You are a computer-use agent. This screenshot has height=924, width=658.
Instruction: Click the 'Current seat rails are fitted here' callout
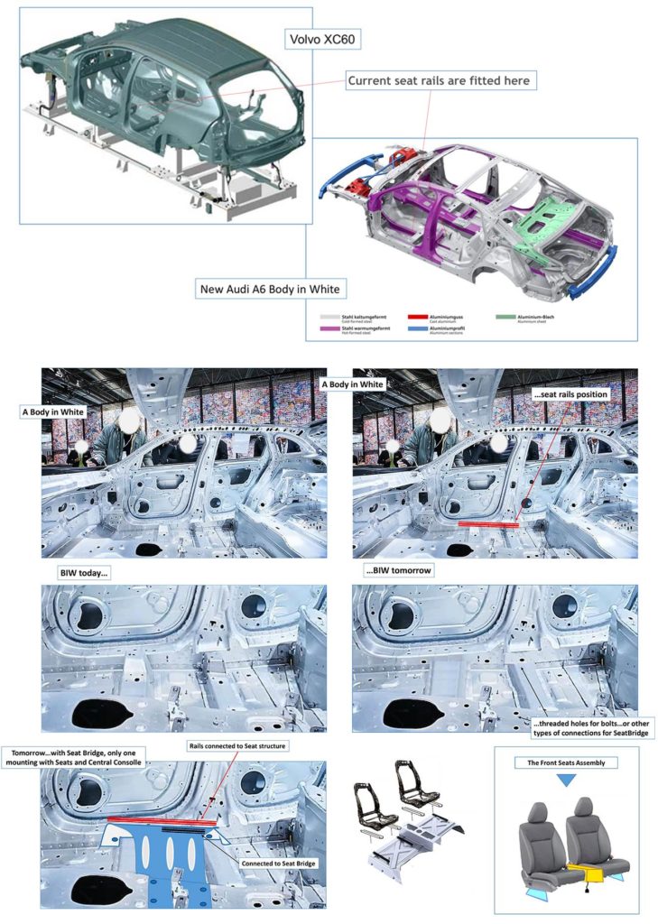click(x=440, y=80)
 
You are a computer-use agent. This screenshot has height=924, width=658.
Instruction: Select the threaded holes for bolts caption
click(x=590, y=727)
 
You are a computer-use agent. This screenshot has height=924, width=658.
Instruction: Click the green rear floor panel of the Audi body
click(x=542, y=209)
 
